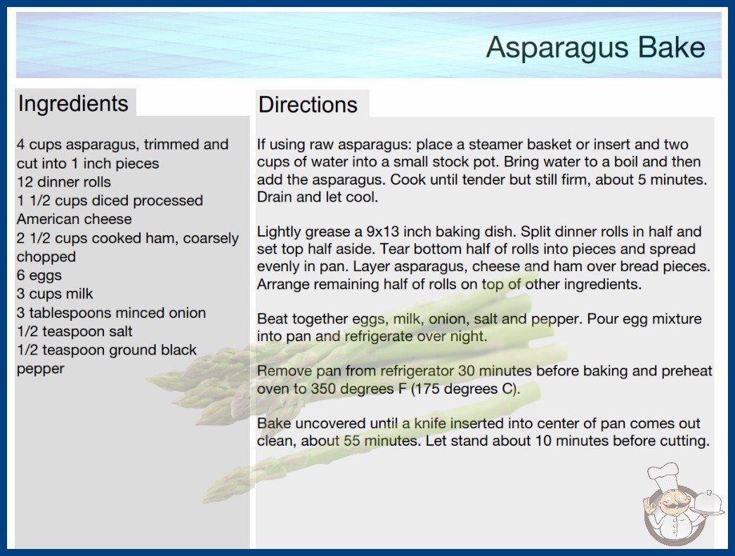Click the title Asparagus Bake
[595, 48]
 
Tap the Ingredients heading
[73, 103]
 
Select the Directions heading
[308, 105]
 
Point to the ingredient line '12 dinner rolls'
[64, 182]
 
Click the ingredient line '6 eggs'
[39, 275]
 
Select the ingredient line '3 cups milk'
[55, 293]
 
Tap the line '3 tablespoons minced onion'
[111, 312]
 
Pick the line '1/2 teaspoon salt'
[74, 331]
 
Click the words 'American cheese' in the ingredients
[74, 219]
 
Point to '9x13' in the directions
[382, 232]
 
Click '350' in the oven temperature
[323, 389]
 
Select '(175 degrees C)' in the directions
[465, 389]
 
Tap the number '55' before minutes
[351, 441]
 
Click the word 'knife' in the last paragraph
[430, 423]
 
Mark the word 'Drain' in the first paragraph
[274, 197]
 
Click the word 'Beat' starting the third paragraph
[272, 319]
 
